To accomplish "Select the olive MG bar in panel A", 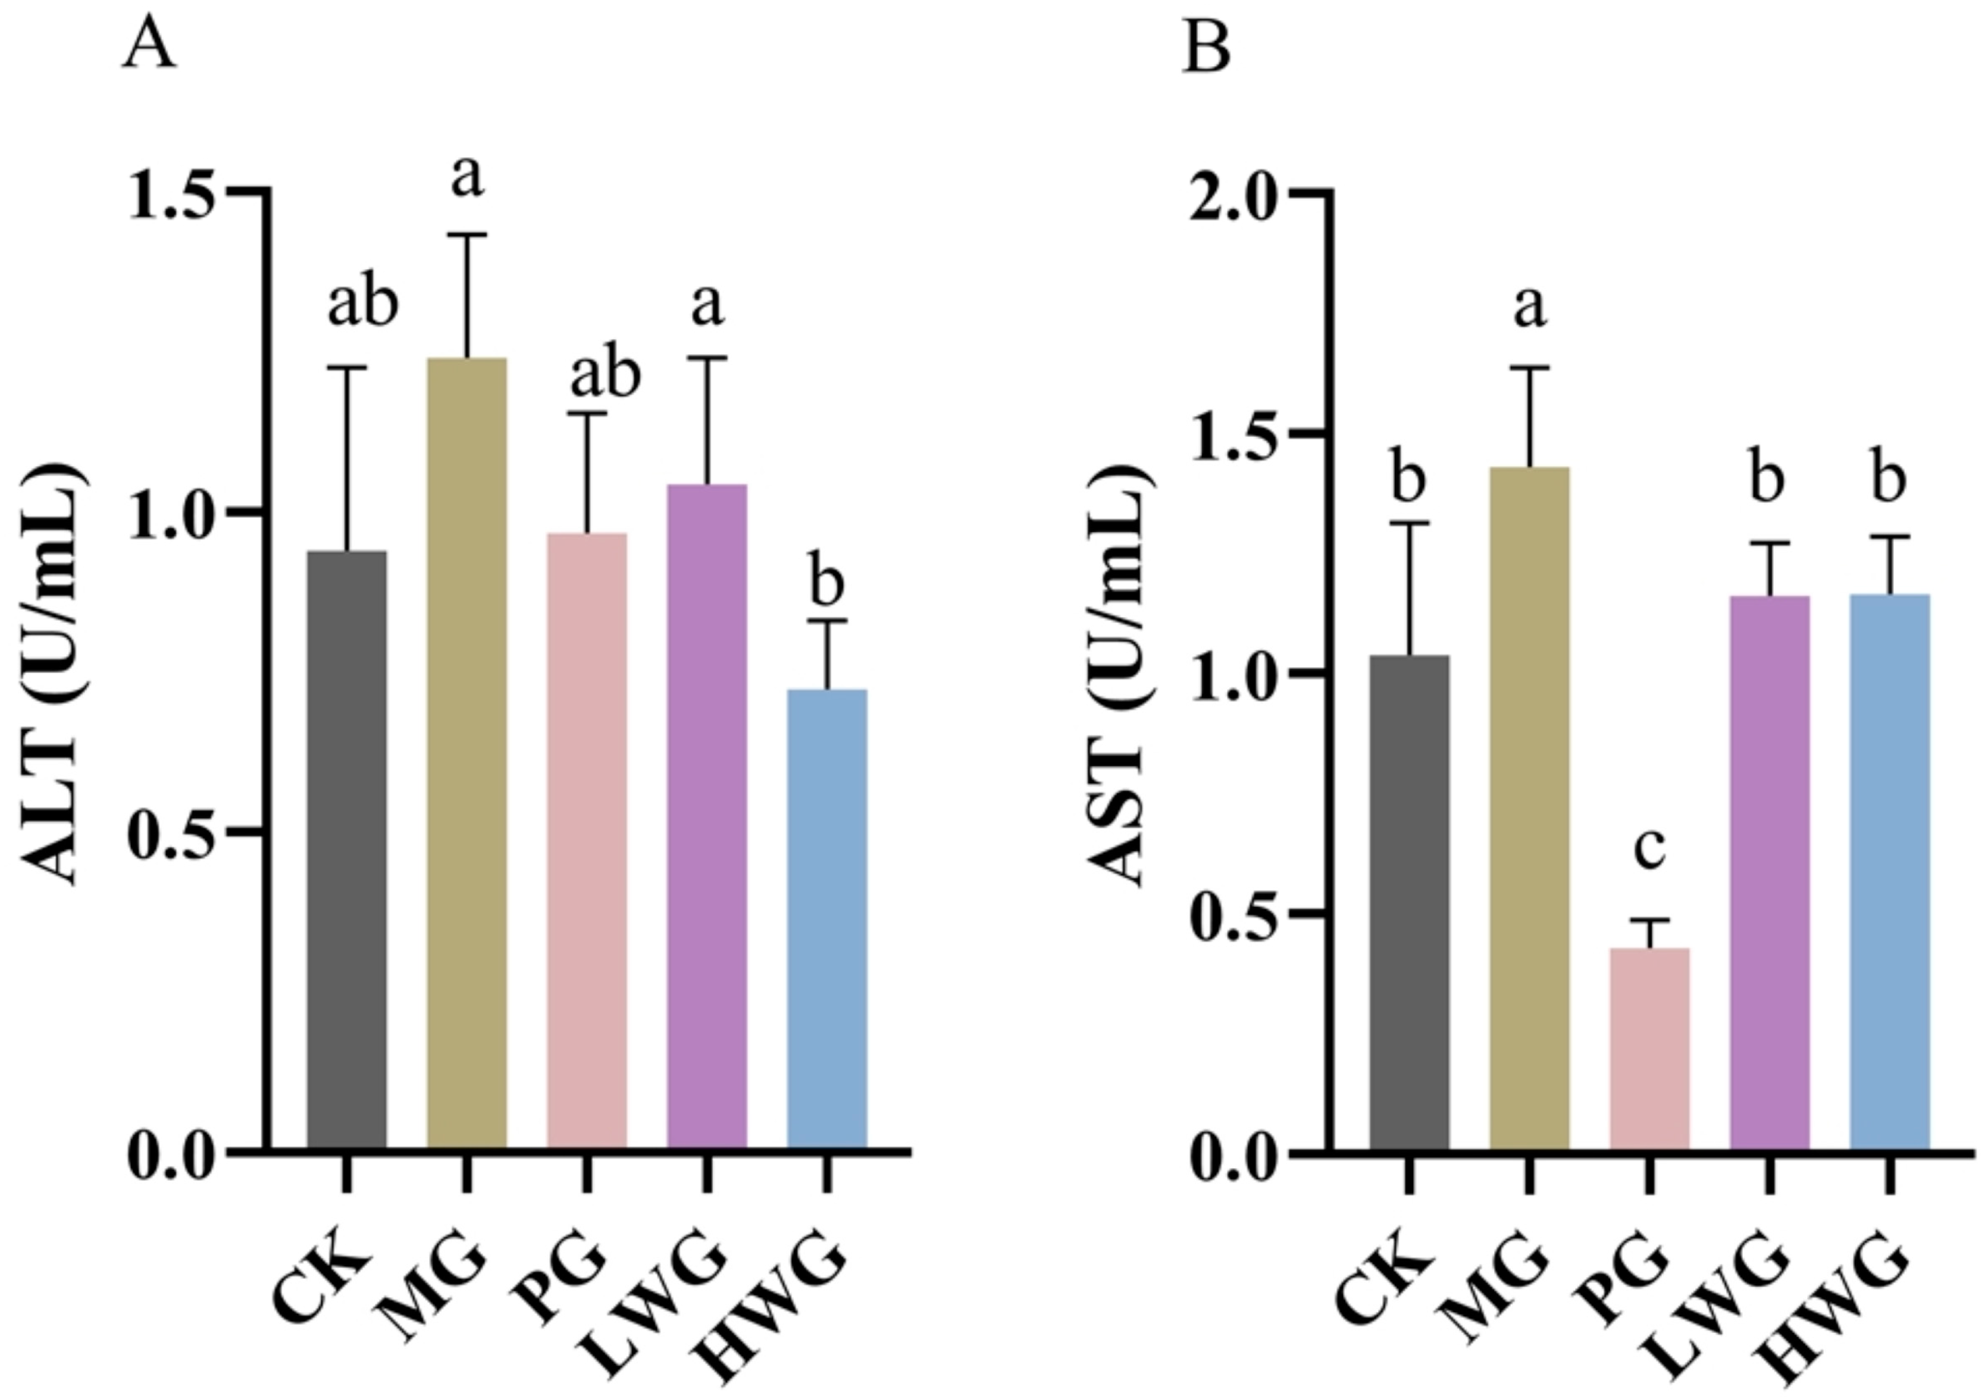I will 467,752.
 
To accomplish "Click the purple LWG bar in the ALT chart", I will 707,817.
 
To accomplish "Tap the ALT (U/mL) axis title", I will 54,674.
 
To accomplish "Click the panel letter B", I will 1206,48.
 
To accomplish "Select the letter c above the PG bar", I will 1649,850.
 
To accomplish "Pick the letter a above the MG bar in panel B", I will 1529,307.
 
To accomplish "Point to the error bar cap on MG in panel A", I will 467,234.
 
